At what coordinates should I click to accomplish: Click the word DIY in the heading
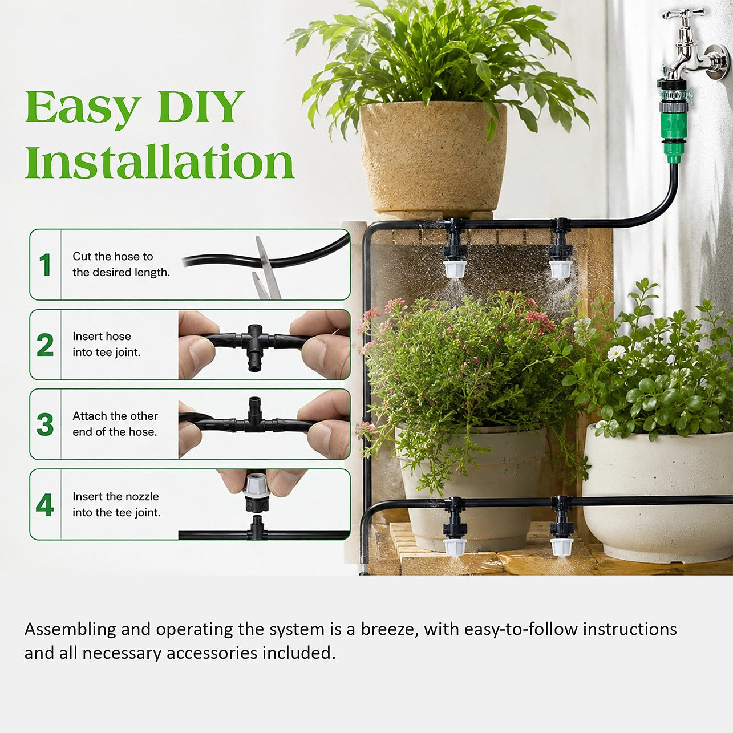pos(200,107)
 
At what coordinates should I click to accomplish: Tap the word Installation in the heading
pos(160,161)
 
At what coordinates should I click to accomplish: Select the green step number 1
pos(45,264)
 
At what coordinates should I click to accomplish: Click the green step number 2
pos(45,345)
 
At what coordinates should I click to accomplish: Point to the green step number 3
pos(45,424)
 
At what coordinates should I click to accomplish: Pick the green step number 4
pos(45,505)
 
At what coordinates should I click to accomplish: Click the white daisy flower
pos(616,353)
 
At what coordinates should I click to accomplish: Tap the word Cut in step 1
pos(82,256)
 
